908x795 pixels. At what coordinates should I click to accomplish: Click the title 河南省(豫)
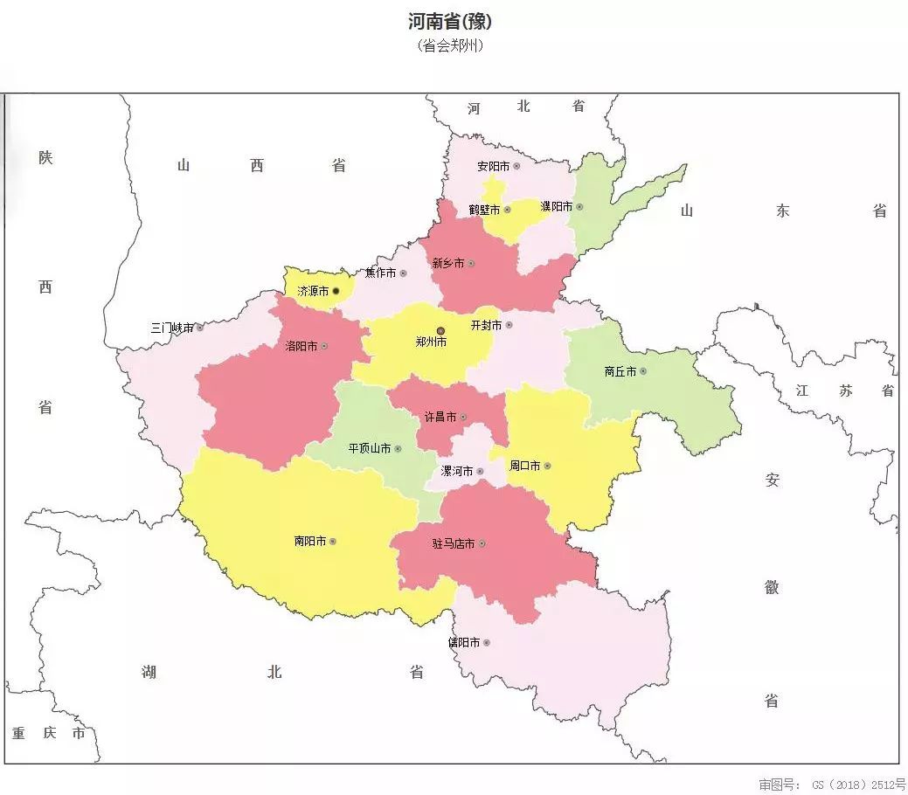click(x=454, y=22)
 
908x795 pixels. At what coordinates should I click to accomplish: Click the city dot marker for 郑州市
click(x=441, y=331)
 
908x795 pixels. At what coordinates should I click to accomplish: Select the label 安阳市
click(x=493, y=166)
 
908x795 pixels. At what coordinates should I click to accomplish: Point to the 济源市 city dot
click(x=336, y=291)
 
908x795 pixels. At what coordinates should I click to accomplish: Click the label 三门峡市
click(x=172, y=328)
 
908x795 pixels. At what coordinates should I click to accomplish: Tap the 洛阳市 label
click(x=301, y=346)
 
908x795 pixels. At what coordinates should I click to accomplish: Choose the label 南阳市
click(x=310, y=542)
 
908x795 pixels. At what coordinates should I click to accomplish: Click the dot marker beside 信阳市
click(x=487, y=643)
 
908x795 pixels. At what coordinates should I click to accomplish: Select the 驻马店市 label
click(x=454, y=544)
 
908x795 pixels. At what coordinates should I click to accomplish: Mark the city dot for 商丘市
click(x=643, y=371)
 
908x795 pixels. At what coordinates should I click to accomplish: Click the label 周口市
click(x=524, y=467)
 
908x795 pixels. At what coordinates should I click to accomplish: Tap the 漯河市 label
click(x=457, y=472)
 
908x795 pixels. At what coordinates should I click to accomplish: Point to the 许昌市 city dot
click(x=463, y=418)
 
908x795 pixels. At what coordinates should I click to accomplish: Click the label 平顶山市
click(x=369, y=449)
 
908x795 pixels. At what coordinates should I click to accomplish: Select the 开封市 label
click(x=486, y=325)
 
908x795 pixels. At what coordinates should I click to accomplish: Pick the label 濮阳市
click(x=556, y=207)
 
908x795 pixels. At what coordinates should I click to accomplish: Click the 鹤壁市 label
click(x=484, y=210)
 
